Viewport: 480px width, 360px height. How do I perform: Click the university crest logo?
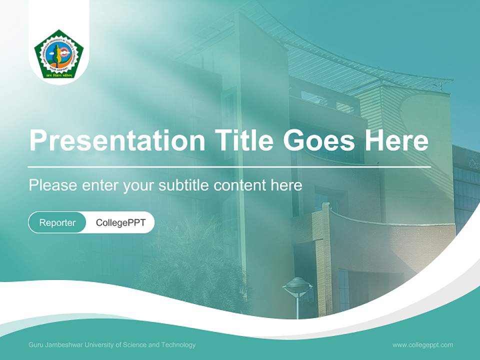point(59,54)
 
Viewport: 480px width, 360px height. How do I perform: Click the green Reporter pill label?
point(57,222)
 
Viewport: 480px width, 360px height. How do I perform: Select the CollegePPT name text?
point(120,222)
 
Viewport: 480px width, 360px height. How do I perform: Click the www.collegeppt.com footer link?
point(422,344)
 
